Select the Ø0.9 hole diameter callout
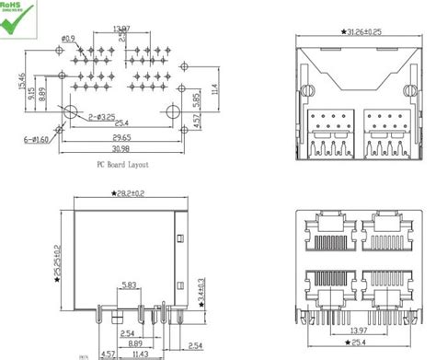[68, 39]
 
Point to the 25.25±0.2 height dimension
[57, 261]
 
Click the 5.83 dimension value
[130, 285]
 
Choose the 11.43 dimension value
[141, 353]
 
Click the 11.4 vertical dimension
[214, 89]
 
